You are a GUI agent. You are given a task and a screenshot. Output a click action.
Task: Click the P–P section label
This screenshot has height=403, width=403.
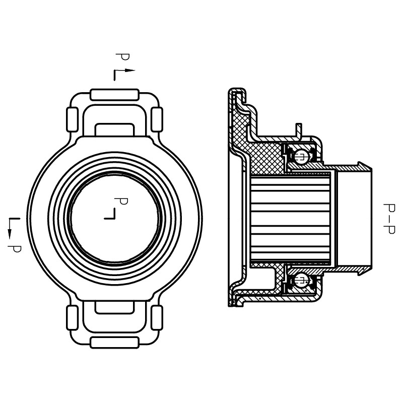388,219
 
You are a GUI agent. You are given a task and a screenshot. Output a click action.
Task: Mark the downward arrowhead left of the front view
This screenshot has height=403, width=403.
10,233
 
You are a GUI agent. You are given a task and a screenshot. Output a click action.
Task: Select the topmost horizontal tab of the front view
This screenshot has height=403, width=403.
114,94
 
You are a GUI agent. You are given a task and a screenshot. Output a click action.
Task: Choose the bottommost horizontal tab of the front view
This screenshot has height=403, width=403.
114,343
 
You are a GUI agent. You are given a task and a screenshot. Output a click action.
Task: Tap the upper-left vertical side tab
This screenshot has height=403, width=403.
72,120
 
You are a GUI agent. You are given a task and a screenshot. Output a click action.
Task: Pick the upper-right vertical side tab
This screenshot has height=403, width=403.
157,120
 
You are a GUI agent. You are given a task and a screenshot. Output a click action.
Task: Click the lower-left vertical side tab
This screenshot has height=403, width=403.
72,317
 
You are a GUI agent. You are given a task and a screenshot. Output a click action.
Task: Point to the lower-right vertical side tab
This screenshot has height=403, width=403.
157,317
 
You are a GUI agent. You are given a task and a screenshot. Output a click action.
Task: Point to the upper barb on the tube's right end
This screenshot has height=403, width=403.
361,165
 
